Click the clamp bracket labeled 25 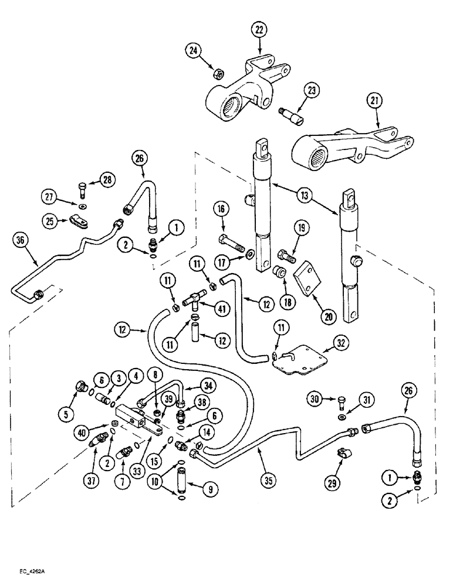pos(77,222)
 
